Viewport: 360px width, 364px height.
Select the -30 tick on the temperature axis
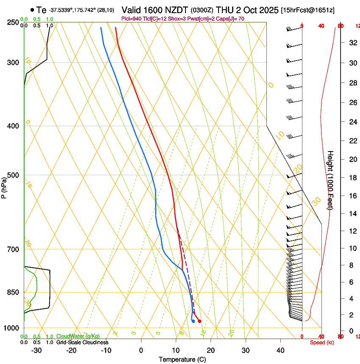[36, 350]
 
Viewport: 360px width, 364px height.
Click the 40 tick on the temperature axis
[280, 350]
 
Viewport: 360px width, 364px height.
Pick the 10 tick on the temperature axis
[176, 350]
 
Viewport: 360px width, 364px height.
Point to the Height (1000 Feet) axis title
[331, 180]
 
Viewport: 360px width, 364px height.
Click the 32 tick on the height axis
[352, 43]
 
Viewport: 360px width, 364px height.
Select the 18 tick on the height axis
[352, 177]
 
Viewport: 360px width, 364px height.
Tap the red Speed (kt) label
[321, 342]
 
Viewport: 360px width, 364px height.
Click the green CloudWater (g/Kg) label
[78, 336]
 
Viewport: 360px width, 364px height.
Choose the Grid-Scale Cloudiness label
[82, 342]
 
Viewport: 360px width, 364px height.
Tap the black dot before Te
[32, 10]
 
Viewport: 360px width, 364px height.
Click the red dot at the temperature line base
[199, 321]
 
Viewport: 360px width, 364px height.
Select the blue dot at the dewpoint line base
[193, 321]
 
